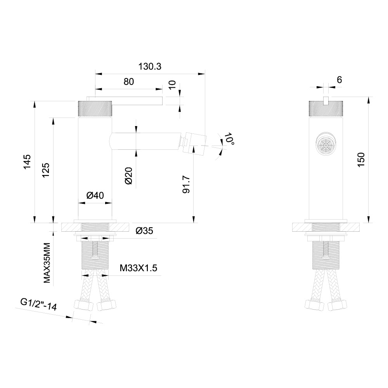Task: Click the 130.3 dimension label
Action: coord(149,66)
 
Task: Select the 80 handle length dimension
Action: coord(129,81)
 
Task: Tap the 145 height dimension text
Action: coord(27,162)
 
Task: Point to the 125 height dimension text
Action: coord(45,170)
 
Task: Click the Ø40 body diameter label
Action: coord(95,196)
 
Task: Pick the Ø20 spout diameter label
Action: coord(129,176)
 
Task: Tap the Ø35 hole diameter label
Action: coord(144,231)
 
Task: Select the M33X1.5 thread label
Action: coord(138,268)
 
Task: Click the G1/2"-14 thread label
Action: coord(39,305)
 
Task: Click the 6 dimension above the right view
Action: coord(339,80)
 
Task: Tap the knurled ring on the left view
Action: coord(95,108)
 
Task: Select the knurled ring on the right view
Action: coord(326,108)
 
